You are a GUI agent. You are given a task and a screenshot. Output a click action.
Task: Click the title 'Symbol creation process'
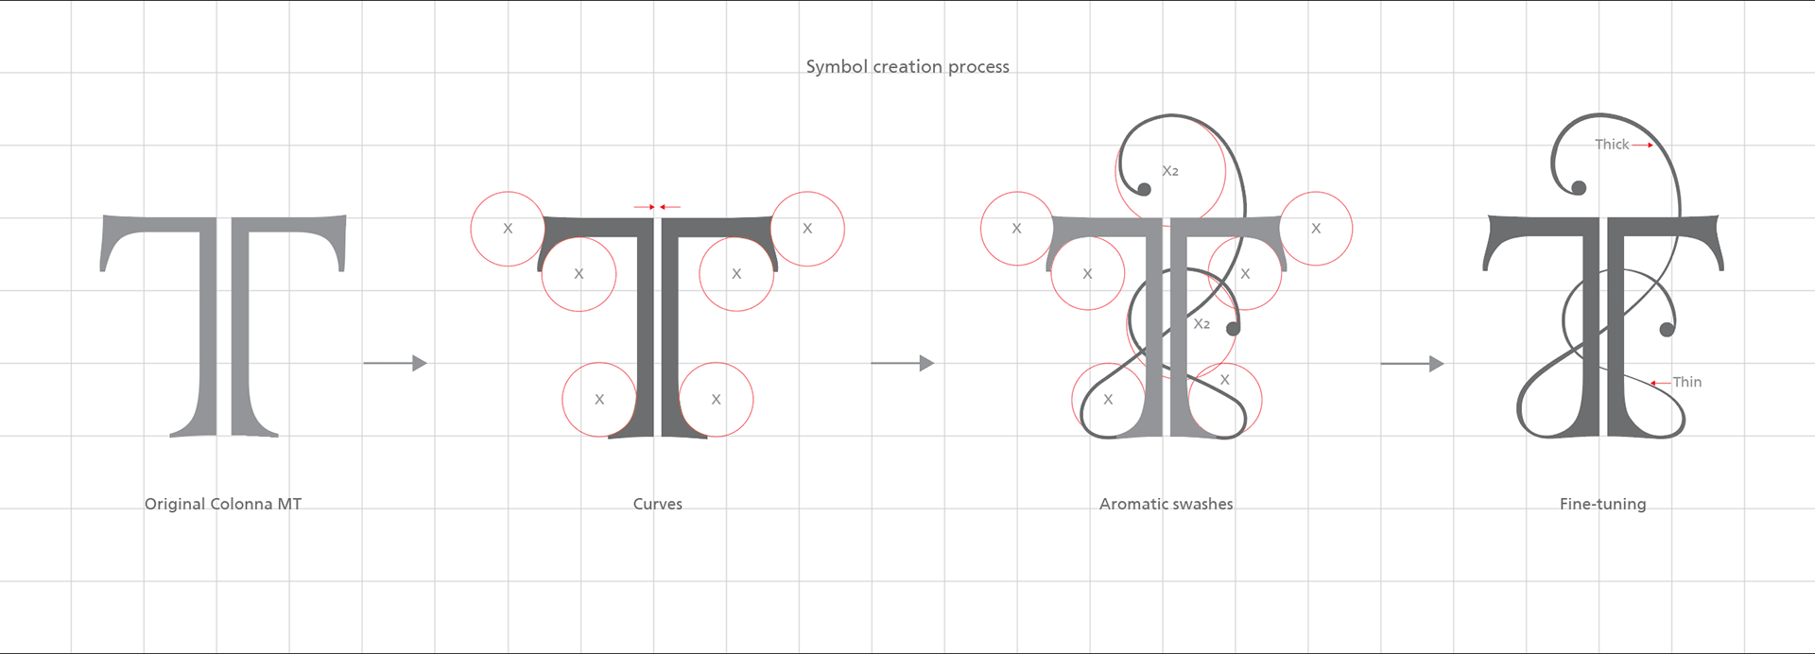(907, 67)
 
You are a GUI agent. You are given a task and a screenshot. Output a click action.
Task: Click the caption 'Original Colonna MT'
(223, 504)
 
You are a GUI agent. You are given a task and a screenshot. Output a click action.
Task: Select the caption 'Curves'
(658, 504)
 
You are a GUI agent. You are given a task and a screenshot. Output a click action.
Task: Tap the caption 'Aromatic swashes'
(1166, 504)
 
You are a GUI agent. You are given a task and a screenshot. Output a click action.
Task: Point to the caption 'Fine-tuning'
(1602, 504)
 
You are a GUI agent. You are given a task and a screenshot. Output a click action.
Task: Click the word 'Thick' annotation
(1612, 145)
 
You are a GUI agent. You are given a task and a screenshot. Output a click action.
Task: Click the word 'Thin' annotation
(1687, 382)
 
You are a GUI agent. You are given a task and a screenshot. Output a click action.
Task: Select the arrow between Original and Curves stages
(395, 363)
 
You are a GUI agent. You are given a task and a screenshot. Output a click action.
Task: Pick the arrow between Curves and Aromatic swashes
(902, 363)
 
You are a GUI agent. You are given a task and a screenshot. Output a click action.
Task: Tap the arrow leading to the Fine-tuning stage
(1412, 363)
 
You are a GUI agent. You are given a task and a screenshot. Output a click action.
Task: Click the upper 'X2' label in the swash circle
(1170, 171)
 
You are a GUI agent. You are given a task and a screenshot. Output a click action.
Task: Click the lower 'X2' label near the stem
(1201, 324)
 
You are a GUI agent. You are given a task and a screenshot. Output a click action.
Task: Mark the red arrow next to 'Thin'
(1660, 383)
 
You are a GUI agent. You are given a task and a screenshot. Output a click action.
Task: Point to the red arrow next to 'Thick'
(1643, 146)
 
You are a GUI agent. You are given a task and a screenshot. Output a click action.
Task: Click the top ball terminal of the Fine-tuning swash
(1578, 188)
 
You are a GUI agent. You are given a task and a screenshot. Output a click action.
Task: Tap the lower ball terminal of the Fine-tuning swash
(1667, 329)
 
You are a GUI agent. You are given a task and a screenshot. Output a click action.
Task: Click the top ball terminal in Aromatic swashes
(1144, 189)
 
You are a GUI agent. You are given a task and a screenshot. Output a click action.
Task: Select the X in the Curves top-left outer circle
(508, 229)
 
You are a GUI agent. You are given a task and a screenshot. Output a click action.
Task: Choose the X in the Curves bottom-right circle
(716, 400)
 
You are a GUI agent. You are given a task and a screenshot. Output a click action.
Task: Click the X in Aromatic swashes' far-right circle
(1316, 229)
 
